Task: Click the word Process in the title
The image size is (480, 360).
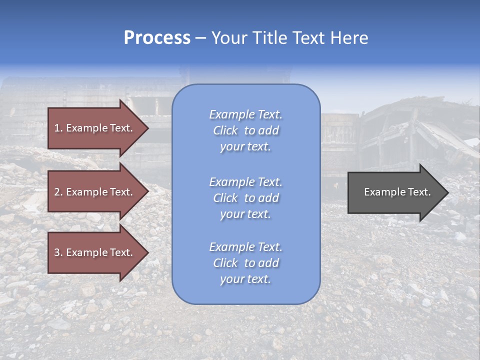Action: click(x=157, y=38)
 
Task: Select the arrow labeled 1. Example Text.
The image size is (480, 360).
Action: click(x=95, y=128)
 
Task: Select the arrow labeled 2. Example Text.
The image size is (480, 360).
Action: click(x=95, y=192)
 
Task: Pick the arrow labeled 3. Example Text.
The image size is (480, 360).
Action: click(x=95, y=252)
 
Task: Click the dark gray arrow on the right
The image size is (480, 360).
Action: click(x=395, y=192)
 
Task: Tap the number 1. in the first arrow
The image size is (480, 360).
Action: click(x=58, y=128)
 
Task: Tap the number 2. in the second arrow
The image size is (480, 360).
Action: click(x=58, y=192)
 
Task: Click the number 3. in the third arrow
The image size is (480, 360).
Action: click(x=58, y=252)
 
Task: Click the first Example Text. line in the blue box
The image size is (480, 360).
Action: click(x=245, y=114)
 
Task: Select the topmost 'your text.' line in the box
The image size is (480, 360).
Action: click(x=245, y=147)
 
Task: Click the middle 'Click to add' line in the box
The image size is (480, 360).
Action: click(x=245, y=198)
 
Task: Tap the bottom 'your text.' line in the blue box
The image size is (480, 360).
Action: click(x=245, y=279)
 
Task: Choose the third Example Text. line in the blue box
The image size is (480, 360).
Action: click(x=245, y=247)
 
